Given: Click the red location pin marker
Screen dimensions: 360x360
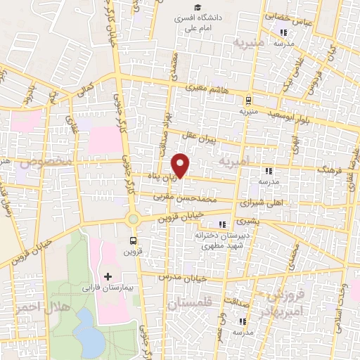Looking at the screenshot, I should pos(182,165).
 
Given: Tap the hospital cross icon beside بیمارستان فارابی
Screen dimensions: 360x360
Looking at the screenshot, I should pos(108,275).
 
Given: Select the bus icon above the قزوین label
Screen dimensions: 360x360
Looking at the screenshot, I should pos(134,240).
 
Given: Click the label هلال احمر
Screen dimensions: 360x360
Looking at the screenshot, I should pos(29,309).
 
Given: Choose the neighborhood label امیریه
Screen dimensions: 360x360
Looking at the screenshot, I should pos(234,162).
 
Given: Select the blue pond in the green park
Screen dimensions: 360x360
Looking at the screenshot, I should pos(89,330).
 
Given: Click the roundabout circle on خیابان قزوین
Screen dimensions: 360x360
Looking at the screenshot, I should pos(133,219).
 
